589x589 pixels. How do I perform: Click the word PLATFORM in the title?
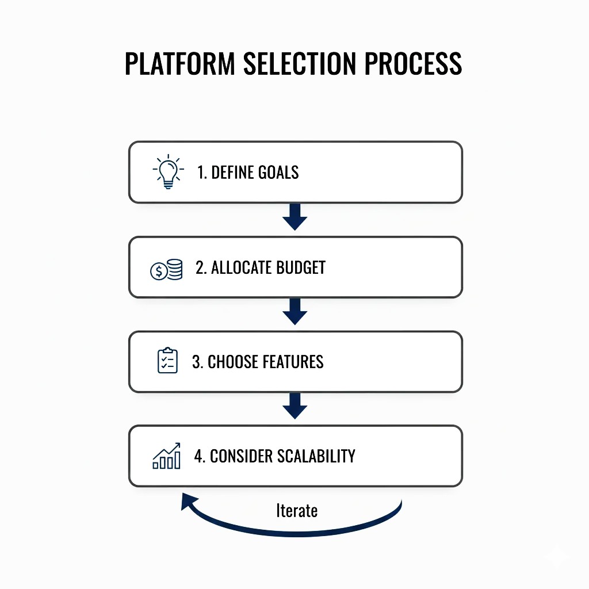click(x=180, y=63)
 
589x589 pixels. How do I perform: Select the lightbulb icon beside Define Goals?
click(x=168, y=171)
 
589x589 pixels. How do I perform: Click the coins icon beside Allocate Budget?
click(x=166, y=269)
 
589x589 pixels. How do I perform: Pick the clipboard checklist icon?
click(x=167, y=361)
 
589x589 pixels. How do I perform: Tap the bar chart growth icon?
click(x=167, y=456)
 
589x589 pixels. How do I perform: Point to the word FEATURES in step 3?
click(x=293, y=362)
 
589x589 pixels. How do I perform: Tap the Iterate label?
click(x=297, y=510)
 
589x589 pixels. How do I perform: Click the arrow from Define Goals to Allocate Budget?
click(x=295, y=217)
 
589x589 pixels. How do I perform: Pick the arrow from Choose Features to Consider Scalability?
click(x=295, y=407)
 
